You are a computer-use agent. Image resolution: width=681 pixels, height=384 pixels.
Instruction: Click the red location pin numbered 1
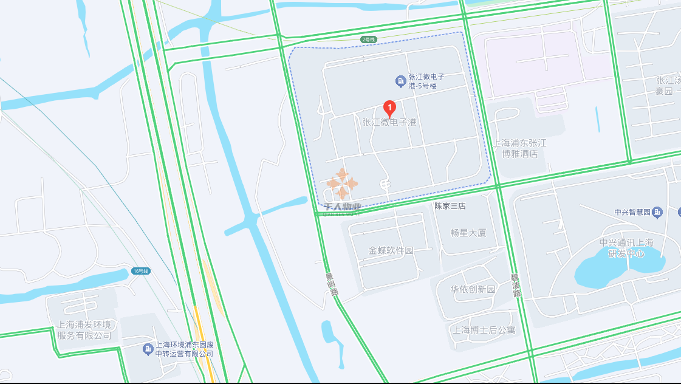pos(391,108)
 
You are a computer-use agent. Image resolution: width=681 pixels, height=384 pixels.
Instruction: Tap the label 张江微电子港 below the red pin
pos(389,122)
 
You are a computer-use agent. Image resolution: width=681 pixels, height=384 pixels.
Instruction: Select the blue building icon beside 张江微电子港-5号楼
pos(400,81)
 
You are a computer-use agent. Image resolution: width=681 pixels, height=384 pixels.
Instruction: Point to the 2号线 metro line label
pos(369,39)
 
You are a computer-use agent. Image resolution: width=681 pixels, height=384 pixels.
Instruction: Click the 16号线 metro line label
pos(140,271)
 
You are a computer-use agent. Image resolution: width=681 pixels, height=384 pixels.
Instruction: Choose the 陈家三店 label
pos(450,206)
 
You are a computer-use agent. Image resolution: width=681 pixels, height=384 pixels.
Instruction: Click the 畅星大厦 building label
pos(468,232)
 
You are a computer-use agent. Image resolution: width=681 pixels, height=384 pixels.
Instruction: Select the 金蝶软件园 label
pos(391,250)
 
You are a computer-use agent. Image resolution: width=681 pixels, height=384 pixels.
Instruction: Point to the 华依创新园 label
pos(473,289)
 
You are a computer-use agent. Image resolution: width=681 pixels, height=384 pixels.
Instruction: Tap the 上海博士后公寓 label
pos(484,331)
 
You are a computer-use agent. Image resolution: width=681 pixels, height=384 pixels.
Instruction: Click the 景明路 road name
pos(332,284)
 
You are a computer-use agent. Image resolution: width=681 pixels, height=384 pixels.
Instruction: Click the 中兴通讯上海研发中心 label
pos(626,248)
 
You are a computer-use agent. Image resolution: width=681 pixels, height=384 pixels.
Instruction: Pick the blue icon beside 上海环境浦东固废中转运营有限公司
pos(148,349)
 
